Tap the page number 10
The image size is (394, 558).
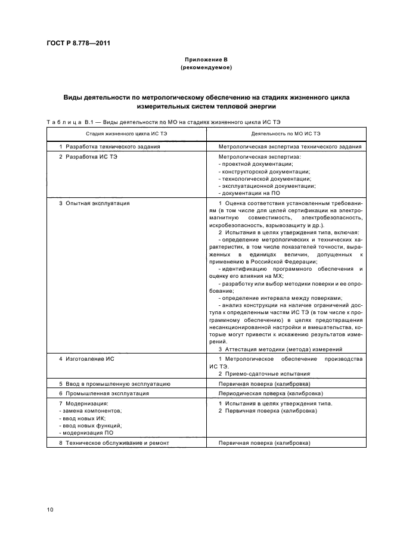coord(50,509)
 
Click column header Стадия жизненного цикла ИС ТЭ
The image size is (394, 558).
coord(126,134)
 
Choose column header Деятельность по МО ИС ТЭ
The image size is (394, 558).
coord(286,134)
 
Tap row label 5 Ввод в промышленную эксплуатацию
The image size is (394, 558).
coord(115,384)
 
